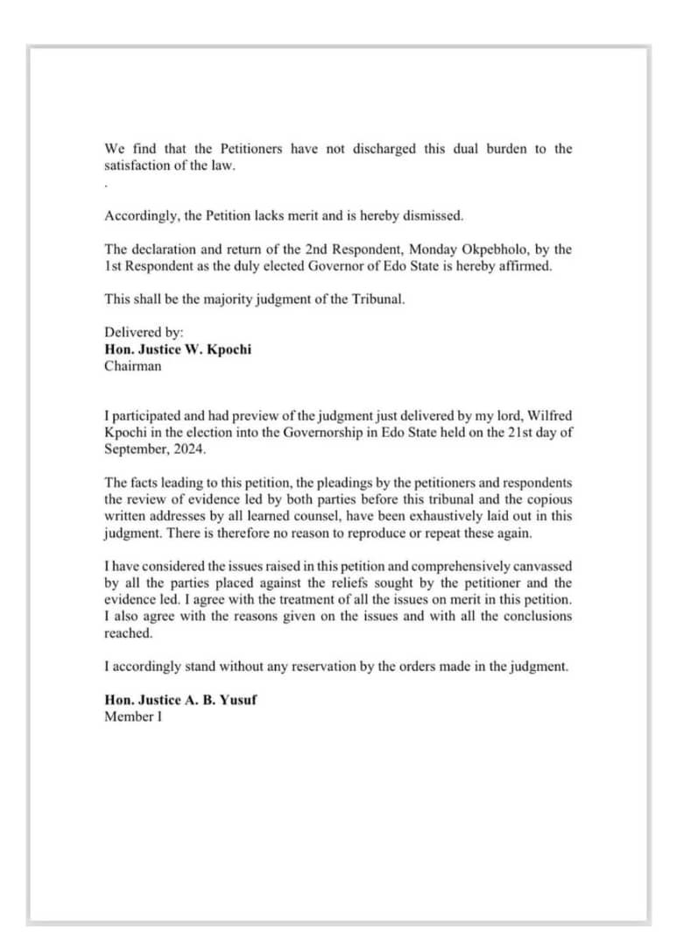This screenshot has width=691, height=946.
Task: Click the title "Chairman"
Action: point(133,366)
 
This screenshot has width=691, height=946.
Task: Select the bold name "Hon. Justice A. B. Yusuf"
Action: point(180,700)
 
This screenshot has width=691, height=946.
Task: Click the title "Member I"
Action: point(133,717)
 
